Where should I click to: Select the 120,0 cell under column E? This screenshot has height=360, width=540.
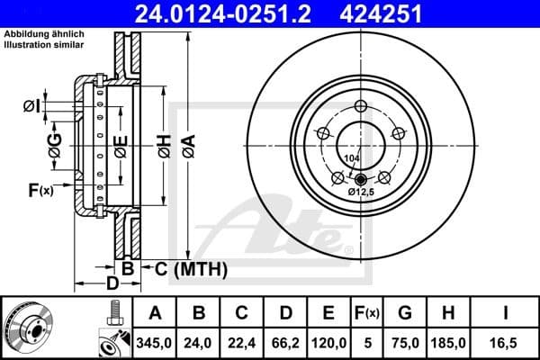click(329, 342)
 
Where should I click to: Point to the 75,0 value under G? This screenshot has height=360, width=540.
click(406, 342)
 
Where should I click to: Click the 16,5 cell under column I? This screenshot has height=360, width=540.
click(506, 342)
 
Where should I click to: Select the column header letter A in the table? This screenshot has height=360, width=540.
click(155, 313)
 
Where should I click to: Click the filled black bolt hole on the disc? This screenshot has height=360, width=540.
click(361, 178)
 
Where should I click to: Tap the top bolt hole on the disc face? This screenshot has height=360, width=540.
click(361, 107)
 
